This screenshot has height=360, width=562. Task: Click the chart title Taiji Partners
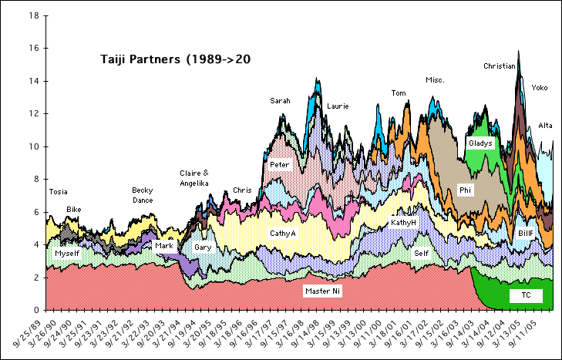(x=177, y=59)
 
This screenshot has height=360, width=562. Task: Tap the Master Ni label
(x=323, y=291)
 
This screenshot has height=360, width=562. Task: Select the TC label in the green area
(x=526, y=295)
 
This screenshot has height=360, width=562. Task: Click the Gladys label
(x=480, y=143)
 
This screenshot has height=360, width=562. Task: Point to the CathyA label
(x=282, y=233)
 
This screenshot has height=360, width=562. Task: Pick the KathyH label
(x=403, y=222)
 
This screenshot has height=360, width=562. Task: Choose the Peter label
(x=279, y=165)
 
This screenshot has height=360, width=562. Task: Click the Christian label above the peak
(x=499, y=66)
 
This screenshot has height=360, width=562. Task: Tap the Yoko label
(x=540, y=88)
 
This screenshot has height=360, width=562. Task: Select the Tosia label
(x=58, y=191)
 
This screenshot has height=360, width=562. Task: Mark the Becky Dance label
(x=142, y=195)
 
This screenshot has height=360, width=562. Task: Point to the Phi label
(x=465, y=190)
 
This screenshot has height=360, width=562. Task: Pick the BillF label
(x=526, y=233)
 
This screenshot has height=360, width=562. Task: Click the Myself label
(x=67, y=253)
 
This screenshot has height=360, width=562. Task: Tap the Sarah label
(x=280, y=101)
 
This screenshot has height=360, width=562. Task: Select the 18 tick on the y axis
(x=32, y=15)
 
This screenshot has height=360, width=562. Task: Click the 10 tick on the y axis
(x=32, y=146)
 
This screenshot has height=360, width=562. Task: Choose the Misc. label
(x=435, y=80)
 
